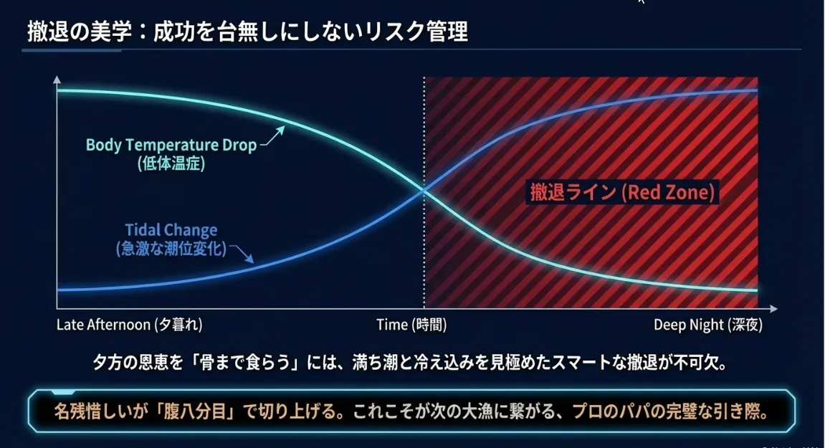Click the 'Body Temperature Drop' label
(x=171, y=145)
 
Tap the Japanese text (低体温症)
(x=171, y=163)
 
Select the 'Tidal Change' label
(x=171, y=230)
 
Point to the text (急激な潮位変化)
(x=171, y=249)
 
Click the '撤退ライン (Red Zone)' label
(x=622, y=192)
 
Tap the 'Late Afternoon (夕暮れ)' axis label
(x=130, y=325)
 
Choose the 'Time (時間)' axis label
(x=411, y=325)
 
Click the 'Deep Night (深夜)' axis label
(x=708, y=325)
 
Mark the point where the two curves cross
(x=424, y=191)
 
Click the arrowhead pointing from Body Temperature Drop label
(x=280, y=130)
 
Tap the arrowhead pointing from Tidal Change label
(x=249, y=259)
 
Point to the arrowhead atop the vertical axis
(x=57, y=80)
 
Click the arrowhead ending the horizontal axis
(x=773, y=308)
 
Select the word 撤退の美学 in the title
(x=80, y=32)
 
